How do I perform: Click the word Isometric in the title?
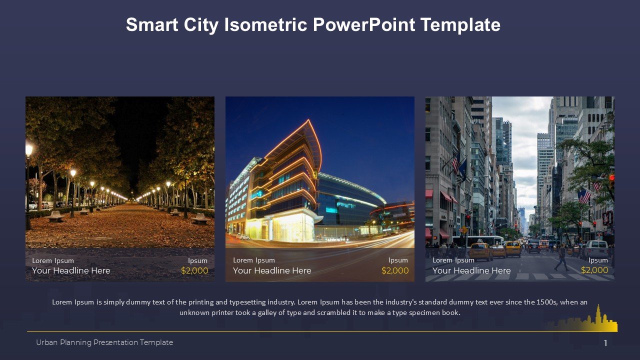pos(265,24)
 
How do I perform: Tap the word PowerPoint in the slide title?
pos(363,24)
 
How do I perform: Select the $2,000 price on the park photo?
pos(194,270)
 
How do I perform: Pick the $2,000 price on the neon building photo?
pos(395,270)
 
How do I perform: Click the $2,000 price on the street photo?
pos(594,270)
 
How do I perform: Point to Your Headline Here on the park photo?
pos(71,270)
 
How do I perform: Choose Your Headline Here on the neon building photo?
pos(272,270)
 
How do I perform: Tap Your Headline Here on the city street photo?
pos(471,270)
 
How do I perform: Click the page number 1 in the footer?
pos(605,343)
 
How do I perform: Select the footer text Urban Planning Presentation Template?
pos(104,342)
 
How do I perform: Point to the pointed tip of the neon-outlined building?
pos(308,120)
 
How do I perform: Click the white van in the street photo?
pos(596,248)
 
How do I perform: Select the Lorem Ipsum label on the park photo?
pos(53,260)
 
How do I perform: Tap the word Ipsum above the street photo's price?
pos(598,260)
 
